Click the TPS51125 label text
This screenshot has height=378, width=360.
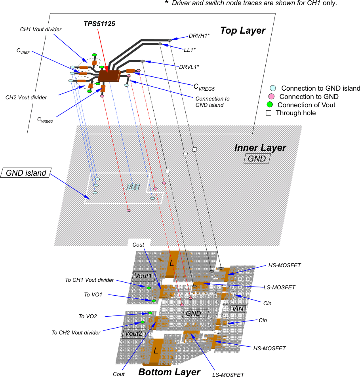pos(99,24)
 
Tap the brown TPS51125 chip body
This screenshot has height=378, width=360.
pos(109,76)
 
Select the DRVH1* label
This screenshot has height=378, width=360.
pos(199,36)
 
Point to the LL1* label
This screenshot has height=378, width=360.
pos(190,50)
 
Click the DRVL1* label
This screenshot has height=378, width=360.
pos(189,67)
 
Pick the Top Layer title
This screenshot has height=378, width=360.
pos(242,30)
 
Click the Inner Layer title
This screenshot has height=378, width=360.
pos(260,148)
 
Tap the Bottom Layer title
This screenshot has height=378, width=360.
pos(169,372)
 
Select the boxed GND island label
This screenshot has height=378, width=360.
pos(26,173)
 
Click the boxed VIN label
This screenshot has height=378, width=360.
pos(238,309)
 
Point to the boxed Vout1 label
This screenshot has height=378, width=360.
pos(143,276)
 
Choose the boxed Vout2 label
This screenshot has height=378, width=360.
pos(133,333)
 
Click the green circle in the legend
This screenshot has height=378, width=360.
pos(270,105)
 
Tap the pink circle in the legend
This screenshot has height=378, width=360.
pos(272,97)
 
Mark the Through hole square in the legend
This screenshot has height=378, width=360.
pos(269,113)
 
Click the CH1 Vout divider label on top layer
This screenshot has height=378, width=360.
pos(41,29)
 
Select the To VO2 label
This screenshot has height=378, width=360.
pos(88,316)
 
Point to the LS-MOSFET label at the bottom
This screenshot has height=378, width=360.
pos(228,375)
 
